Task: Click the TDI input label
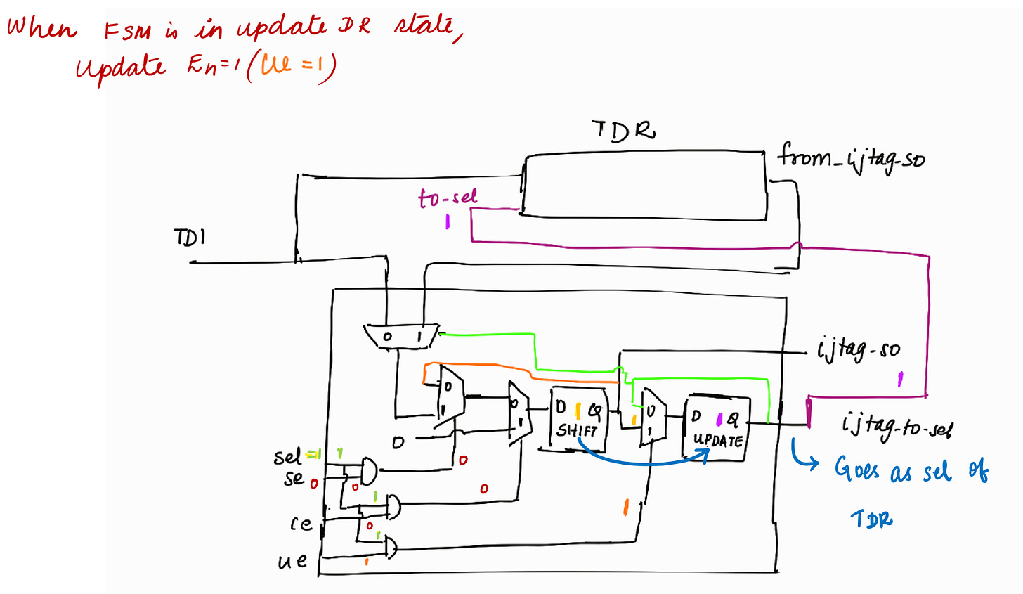click(190, 238)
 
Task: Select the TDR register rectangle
click(644, 185)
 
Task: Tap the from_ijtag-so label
click(850, 157)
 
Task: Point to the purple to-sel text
click(448, 198)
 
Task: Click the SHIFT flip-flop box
click(578, 419)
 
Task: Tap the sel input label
click(287, 457)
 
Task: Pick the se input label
click(294, 479)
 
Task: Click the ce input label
click(300, 524)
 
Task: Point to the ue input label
click(292, 560)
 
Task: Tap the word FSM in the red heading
click(127, 31)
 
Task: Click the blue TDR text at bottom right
click(872, 519)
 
